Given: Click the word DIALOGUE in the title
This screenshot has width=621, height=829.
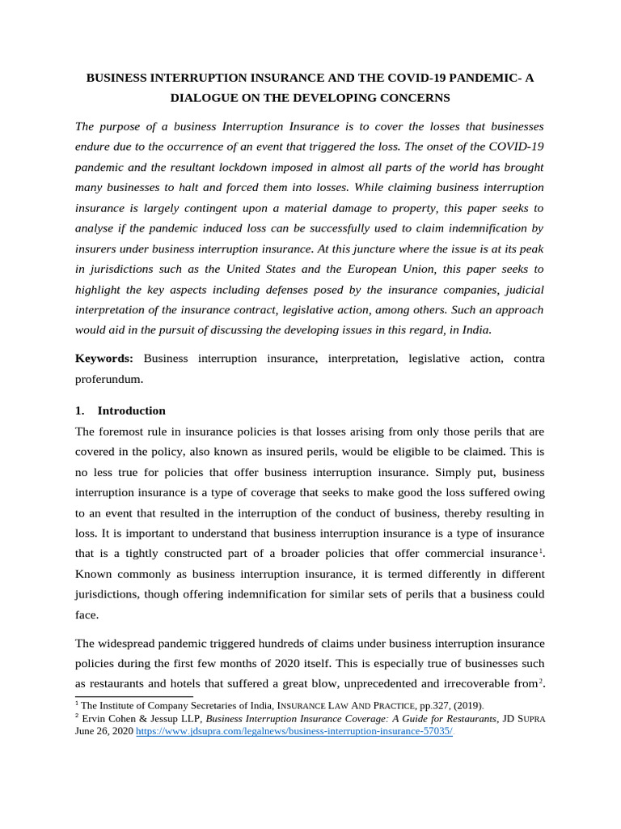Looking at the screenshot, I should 207,98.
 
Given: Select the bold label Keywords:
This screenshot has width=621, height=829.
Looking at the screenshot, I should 104,359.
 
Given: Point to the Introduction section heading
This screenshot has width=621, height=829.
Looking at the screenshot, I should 131,410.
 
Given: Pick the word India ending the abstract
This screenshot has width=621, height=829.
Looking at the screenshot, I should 475,329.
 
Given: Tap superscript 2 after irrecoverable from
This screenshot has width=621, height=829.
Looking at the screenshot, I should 541,681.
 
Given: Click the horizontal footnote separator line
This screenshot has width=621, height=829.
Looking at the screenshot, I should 133,695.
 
